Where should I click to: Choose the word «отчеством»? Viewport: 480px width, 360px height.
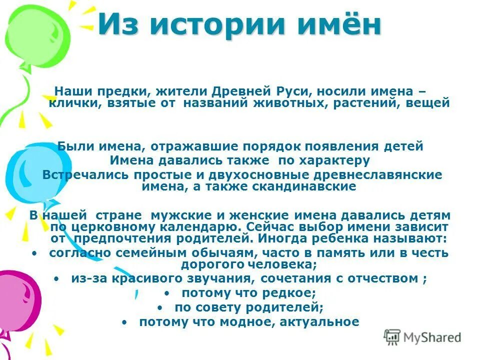coord(384,278)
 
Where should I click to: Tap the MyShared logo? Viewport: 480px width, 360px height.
coord(422,337)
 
